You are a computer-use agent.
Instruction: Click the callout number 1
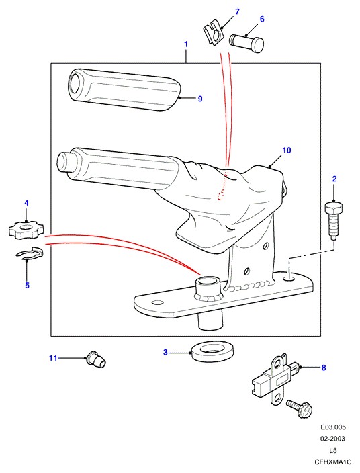coord(186,44)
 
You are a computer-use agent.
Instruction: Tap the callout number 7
coord(237,12)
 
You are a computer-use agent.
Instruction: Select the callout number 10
coord(287,150)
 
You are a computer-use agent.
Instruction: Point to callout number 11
coord(53,358)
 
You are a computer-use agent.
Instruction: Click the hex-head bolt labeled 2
coord(333,221)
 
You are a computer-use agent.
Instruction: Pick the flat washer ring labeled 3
coord(214,351)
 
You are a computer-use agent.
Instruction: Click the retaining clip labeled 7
coord(214,32)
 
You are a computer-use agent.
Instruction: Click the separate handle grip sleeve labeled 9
coord(124,89)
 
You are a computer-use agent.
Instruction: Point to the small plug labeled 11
coord(96,359)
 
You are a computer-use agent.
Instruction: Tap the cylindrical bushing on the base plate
coord(210,289)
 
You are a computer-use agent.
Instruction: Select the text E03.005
coord(333,427)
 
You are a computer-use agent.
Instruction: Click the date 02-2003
coord(333,439)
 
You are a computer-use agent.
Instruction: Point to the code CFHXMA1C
coord(333,462)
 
